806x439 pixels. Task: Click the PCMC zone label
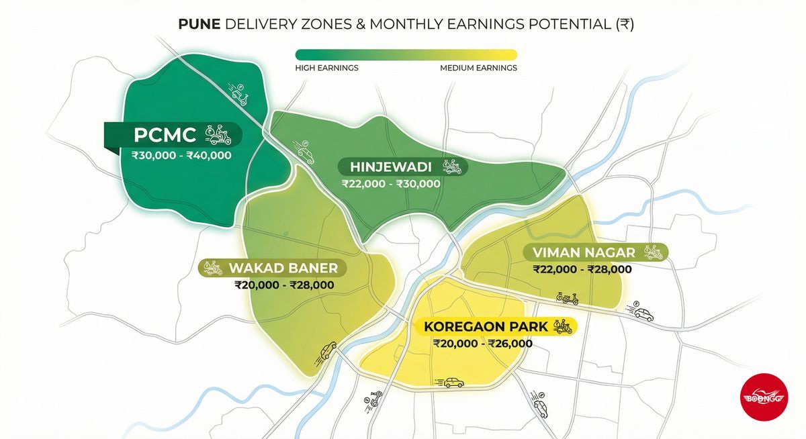click(165, 135)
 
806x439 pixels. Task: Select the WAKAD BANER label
click(283, 269)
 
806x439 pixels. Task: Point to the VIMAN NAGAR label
click(584, 252)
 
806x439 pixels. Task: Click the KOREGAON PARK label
click(486, 327)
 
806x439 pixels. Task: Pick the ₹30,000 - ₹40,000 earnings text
click(181, 156)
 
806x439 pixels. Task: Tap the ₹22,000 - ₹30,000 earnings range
click(391, 184)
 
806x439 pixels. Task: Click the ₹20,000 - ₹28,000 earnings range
click(284, 285)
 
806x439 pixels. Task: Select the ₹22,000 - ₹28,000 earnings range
click(582, 269)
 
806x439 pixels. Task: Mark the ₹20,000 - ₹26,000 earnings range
click(483, 344)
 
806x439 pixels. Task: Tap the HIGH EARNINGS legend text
click(326, 68)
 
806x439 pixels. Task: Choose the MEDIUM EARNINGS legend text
click(478, 68)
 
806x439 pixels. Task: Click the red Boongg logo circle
click(762, 398)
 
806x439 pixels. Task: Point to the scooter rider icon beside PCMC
click(218, 134)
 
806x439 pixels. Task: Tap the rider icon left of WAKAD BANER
click(213, 268)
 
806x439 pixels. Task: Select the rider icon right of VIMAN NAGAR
click(652, 252)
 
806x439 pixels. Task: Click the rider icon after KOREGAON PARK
click(563, 326)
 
